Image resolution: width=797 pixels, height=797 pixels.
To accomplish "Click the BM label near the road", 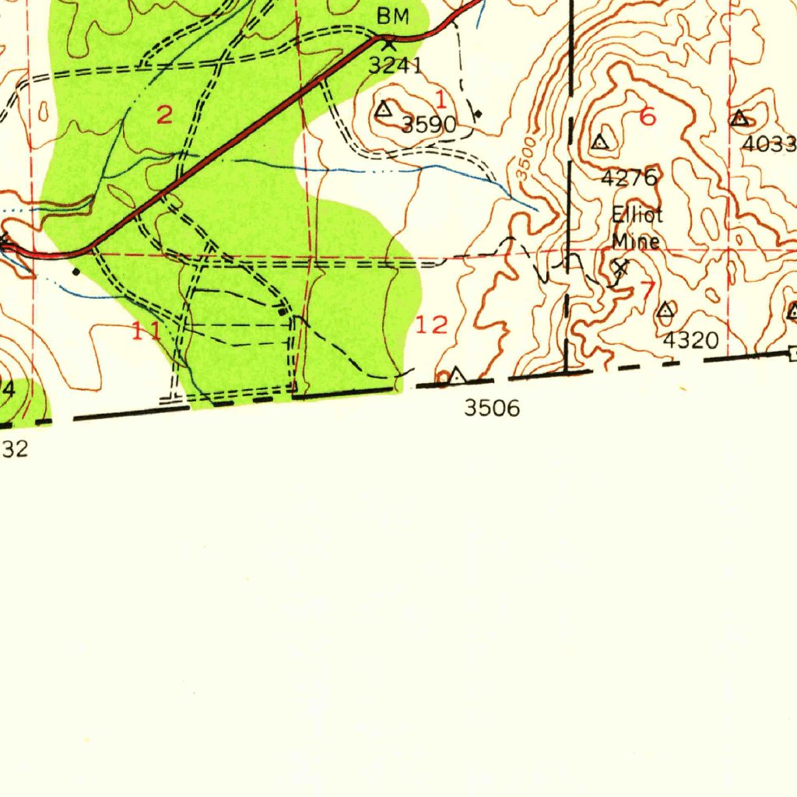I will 392,16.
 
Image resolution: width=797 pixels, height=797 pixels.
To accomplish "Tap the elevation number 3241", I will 395,65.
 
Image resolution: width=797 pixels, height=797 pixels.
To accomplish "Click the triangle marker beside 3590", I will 384,110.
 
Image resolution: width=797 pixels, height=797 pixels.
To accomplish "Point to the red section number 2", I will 164,116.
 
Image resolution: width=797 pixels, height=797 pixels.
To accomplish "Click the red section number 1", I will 441,99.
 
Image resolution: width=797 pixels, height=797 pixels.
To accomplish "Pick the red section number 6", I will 648,118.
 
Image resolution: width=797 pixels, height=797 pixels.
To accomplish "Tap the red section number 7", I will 648,290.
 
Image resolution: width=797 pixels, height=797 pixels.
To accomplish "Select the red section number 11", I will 146,332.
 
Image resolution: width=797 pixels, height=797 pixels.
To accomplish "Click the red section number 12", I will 432,325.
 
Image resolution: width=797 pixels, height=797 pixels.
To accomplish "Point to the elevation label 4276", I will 629,178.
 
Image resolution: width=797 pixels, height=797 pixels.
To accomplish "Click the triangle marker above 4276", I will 599,142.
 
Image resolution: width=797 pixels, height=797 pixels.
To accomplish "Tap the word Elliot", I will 637,216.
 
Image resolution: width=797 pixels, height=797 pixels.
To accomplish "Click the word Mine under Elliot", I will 636,241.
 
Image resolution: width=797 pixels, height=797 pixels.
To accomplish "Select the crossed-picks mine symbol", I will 620,269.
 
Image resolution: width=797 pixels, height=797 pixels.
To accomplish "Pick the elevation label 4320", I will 690,340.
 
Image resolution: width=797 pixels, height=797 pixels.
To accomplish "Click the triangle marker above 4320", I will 665,311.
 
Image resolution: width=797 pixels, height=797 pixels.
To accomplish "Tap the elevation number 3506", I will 491,408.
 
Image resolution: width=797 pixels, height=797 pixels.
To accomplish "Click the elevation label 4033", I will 769,145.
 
